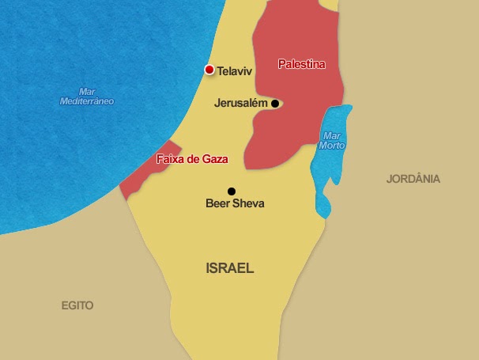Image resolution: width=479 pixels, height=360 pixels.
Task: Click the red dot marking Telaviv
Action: click(209, 70)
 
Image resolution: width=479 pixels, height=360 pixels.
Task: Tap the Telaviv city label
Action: click(234, 71)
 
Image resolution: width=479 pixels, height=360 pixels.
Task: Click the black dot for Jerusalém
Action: click(275, 104)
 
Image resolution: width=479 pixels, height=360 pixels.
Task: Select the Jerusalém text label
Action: click(241, 103)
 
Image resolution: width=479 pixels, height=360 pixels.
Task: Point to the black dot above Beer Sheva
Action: click(232, 191)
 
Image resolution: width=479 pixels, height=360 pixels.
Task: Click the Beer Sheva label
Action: click(235, 203)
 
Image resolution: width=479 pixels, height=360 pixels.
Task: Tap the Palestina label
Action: click(302, 64)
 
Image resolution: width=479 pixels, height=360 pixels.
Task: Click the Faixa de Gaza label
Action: click(192, 159)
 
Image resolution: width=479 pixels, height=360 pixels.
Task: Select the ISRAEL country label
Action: click(229, 268)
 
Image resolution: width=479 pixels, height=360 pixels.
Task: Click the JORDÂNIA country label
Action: click(413, 179)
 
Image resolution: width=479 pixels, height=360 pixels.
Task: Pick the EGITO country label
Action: click(77, 305)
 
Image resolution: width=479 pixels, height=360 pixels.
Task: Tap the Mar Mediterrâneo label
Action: click(87, 97)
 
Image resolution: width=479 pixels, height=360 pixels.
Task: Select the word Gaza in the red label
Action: click(214, 159)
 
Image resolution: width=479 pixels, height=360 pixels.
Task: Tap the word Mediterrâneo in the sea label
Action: click(87, 101)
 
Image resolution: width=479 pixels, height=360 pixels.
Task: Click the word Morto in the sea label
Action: click(333, 146)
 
